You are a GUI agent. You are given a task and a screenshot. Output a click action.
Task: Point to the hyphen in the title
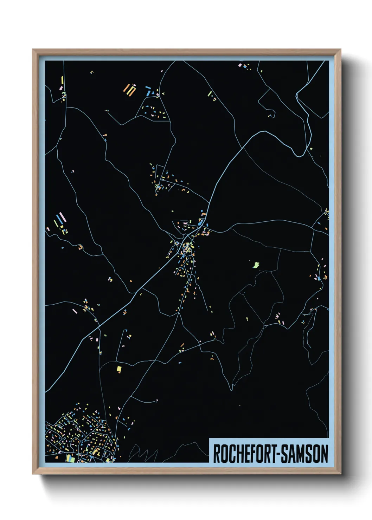point(279,454)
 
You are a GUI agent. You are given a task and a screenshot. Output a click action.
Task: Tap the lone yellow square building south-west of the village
point(119,369)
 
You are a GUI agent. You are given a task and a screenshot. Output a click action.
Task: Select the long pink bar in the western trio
point(63,217)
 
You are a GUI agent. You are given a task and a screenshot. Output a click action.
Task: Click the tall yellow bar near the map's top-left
point(62,80)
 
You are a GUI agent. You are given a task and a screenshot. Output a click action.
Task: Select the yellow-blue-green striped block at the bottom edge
point(70,458)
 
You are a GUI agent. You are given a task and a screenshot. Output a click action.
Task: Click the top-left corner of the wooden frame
point(33,50)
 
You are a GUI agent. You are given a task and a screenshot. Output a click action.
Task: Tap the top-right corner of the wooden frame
point(340,50)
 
